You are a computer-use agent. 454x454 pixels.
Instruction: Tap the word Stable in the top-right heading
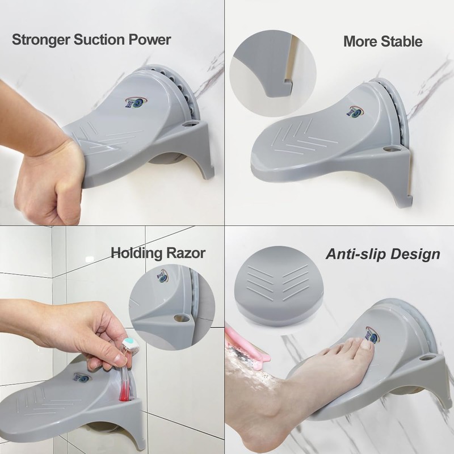(x=401, y=41)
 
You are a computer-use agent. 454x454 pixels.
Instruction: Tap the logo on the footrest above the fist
(x=134, y=102)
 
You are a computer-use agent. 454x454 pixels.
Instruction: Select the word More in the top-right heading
(x=360, y=41)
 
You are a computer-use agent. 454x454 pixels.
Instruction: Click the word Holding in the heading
(x=135, y=253)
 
